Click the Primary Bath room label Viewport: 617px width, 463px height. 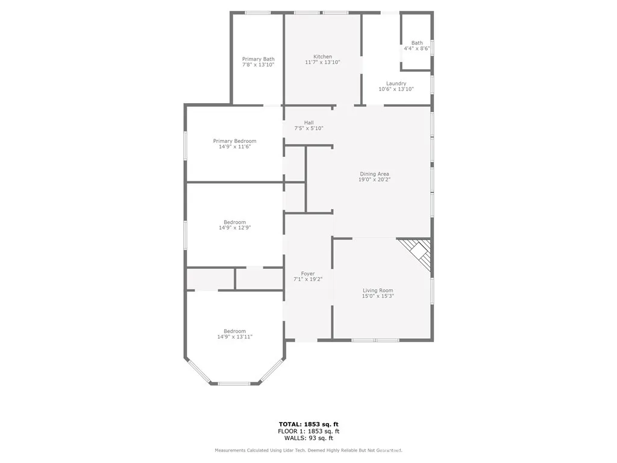click(258, 59)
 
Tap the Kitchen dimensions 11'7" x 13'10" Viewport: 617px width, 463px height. click(322, 62)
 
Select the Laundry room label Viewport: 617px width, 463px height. click(396, 84)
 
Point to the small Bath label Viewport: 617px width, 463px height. click(417, 43)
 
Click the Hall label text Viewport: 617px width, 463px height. click(308, 123)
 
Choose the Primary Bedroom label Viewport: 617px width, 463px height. click(234, 141)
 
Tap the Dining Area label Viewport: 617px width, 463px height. click(374, 174)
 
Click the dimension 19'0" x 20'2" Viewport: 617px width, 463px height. click(374, 180)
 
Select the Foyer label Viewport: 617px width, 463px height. click(308, 274)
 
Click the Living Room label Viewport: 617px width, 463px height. click(378, 290)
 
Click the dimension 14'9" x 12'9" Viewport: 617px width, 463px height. click(234, 228)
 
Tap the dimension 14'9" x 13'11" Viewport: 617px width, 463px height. click(234, 337)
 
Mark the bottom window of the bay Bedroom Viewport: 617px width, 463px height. click(234, 383)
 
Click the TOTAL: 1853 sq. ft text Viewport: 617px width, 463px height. click(308, 424)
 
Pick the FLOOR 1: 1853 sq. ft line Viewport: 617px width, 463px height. click(308, 431)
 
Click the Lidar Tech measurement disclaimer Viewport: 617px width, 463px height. click(308, 450)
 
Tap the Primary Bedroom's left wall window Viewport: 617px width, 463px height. click(186, 145)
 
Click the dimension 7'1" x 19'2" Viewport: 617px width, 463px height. click(308, 279)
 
